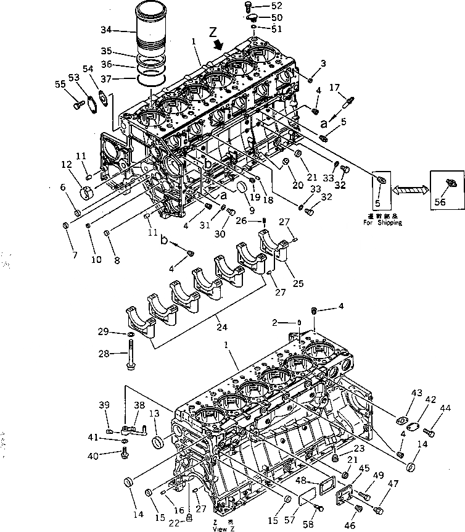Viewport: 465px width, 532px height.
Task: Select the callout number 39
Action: [x=104, y=405]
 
